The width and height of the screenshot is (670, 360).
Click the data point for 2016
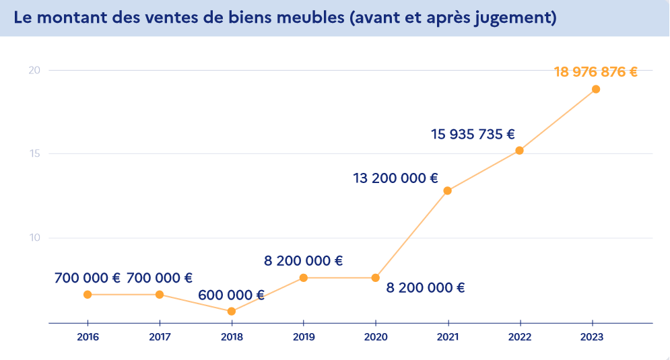[88, 295]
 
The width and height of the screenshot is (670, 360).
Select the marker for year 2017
[160, 295]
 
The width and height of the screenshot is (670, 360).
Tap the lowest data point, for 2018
[232, 312]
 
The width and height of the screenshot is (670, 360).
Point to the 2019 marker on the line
[304, 278]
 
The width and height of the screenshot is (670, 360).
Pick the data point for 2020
[376, 278]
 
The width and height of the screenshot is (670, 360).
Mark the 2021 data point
[448, 190]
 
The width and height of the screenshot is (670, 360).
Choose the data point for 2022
[519, 151]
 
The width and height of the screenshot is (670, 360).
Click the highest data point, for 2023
[596, 89]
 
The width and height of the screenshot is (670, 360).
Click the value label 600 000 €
[231, 295]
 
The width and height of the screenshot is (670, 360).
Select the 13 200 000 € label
[395, 178]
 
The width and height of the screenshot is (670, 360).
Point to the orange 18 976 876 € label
[595, 71]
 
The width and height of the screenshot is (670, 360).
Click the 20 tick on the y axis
[34, 70]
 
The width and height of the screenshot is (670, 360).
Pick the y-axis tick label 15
[34, 154]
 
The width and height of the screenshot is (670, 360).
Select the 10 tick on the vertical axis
[34, 238]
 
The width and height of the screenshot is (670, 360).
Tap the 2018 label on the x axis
[232, 337]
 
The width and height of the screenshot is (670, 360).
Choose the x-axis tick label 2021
[448, 337]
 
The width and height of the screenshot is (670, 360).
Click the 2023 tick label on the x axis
[592, 337]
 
